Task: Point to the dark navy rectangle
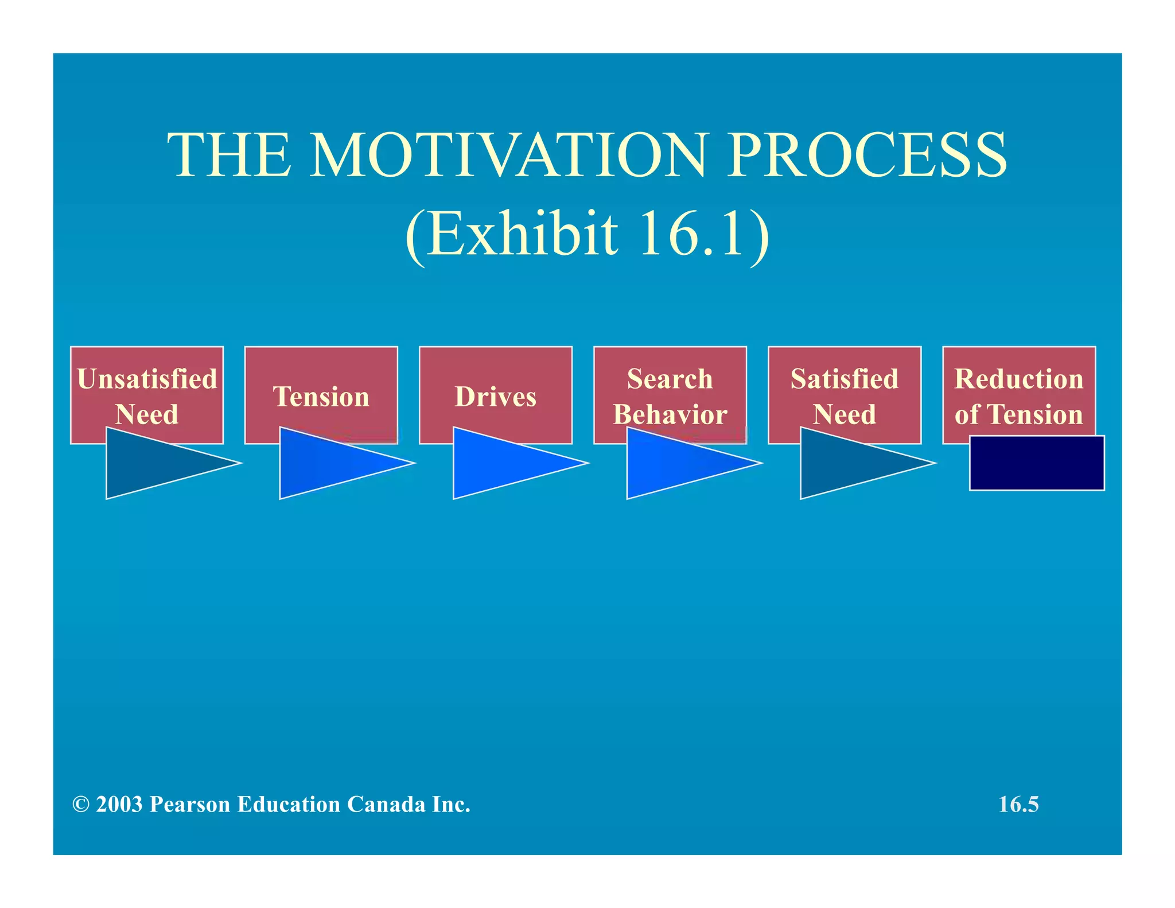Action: [x=1036, y=463]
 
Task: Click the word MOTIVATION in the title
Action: [x=508, y=155]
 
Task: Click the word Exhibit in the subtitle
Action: [x=522, y=234]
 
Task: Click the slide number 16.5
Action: [x=1018, y=804]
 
